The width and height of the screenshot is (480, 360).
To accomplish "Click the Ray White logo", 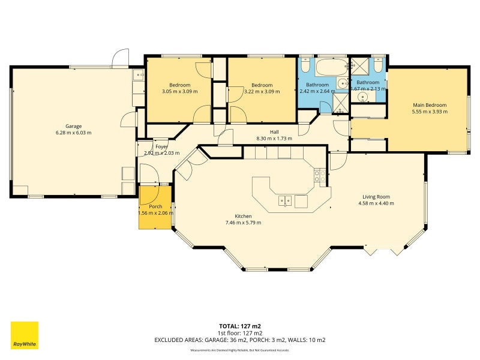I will tap(25, 335).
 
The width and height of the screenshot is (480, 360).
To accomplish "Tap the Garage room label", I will tap(73, 127).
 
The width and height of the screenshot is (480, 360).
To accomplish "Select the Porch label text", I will tap(147, 206).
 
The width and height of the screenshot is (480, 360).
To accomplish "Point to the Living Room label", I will tap(376, 197).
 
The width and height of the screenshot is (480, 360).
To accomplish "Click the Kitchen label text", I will tap(243, 216).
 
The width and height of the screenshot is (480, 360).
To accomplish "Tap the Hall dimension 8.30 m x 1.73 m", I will tap(274, 138).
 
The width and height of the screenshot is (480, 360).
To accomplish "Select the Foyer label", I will tap(161, 146).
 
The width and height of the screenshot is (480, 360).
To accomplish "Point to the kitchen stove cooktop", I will tap(319, 176).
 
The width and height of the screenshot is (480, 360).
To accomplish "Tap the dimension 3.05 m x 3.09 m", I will tap(179, 92).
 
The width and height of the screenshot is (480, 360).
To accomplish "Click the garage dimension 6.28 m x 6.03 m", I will tap(73, 133).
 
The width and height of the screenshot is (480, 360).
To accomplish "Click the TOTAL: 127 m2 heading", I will tap(240, 326).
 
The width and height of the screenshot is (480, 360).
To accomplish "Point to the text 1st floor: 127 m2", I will tap(240, 333).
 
